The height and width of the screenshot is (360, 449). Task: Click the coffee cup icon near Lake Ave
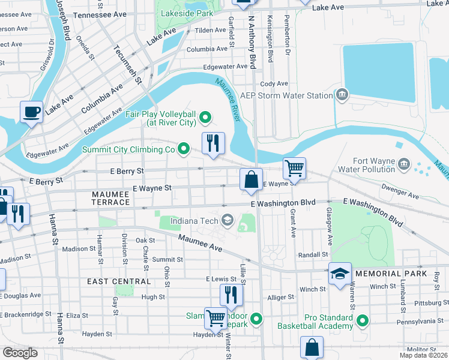tap(31, 112)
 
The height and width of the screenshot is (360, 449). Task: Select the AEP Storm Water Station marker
tap(342, 94)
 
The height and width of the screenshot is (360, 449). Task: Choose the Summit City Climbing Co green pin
tap(184, 148)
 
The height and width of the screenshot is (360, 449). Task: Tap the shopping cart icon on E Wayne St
tap(294, 168)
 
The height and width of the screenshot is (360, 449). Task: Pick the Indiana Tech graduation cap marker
tap(227, 220)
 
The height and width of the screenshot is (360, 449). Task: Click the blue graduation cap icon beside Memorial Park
tap(340, 274)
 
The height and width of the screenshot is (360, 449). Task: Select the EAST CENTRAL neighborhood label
tap(119, 281)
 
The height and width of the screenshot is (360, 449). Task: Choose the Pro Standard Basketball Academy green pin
tap(362, 322)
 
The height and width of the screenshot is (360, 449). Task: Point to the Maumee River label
tap(228, 99)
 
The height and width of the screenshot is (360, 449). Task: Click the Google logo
tap(20, 352)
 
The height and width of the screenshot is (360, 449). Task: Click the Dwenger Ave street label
tap(403, 195)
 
